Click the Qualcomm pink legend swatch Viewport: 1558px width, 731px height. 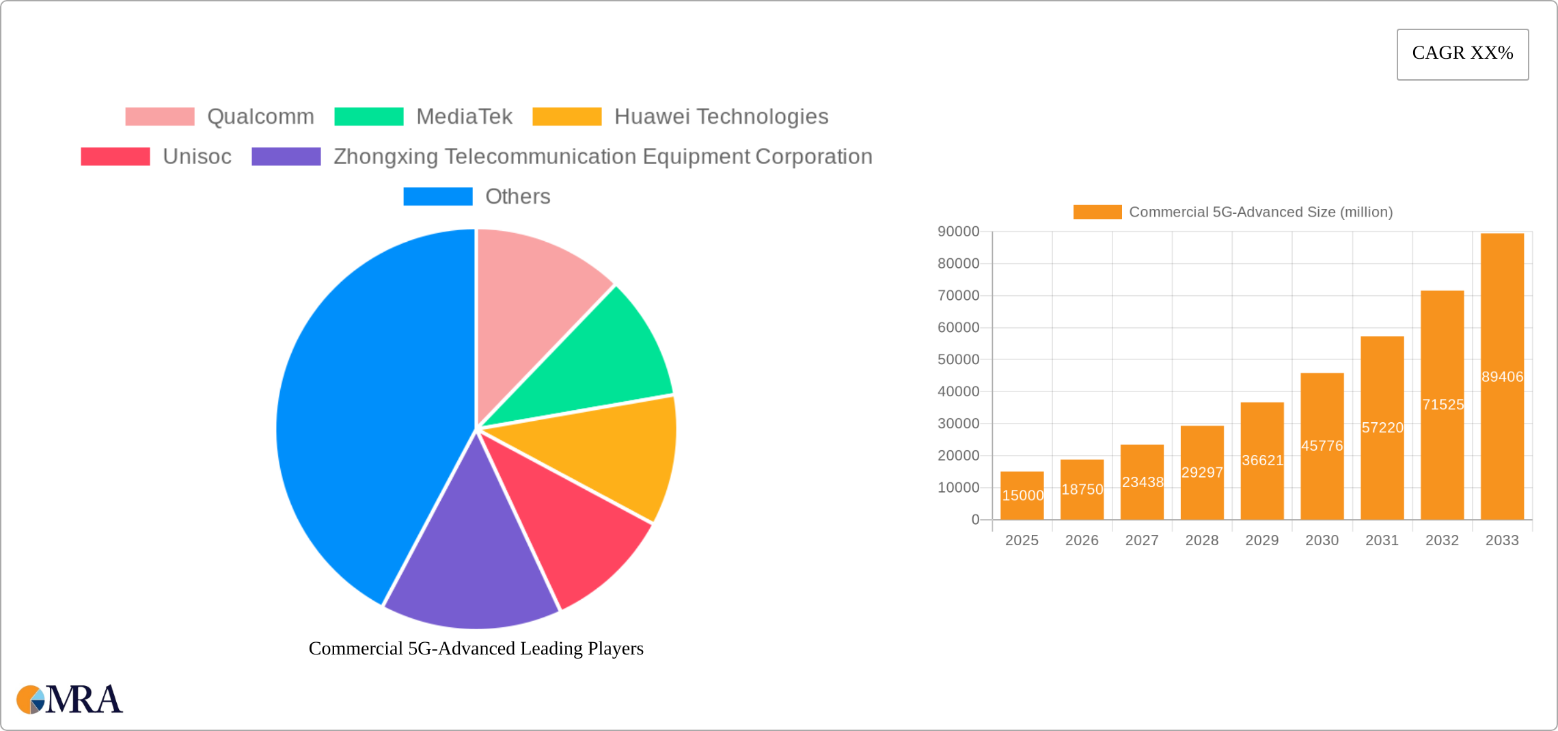[x=160, y=117]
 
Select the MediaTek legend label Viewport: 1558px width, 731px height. [x=464, y=117]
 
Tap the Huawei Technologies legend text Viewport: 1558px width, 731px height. [x=721, y=117]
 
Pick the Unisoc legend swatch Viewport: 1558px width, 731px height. [x=115, y=156]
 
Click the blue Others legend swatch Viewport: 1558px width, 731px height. [x=438, y=197]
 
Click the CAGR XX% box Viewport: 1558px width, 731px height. [x=1462, y=54]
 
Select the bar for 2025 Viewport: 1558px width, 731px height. [x=1022, y=495]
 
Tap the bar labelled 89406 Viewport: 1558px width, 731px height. [x=1502, y=376]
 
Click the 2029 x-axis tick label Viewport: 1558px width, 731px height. [x=1261, y=540]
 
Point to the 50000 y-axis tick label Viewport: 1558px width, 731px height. [x=958, y=359]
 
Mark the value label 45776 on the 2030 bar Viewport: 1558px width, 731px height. [x=1322, y=446]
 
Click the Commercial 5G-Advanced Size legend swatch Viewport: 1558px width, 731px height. [x=1097, y=212]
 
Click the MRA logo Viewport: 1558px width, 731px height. [x=70, y=700]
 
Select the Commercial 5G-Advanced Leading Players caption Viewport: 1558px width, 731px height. [x=476, y=648]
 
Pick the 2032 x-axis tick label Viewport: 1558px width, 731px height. [x=1442, y=540]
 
